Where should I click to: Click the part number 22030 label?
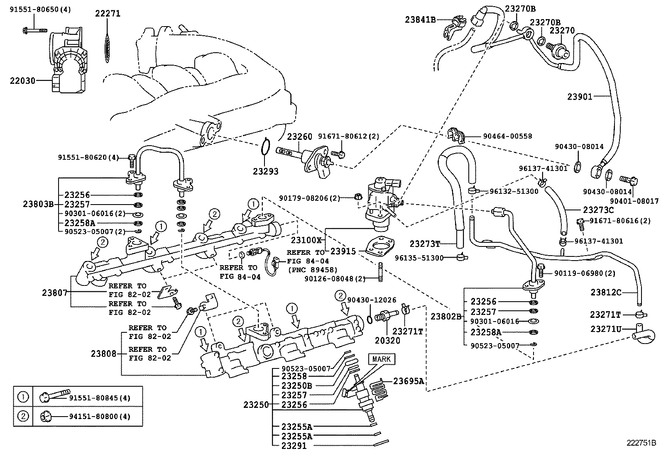click(22, 80)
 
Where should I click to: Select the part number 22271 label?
click(107, 13)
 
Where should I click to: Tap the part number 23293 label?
click(266, 171)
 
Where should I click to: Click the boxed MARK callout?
click(381, 359)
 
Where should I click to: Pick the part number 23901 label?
click(580, 97)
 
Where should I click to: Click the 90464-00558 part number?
click(507, 136)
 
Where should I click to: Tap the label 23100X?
click(306, 240)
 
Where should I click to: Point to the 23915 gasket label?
click(343, 251)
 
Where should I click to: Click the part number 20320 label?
click(387, 341)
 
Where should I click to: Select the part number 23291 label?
click(294, 446)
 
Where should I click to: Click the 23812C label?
click(606, 293)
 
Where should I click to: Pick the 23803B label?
click(38, 204)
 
